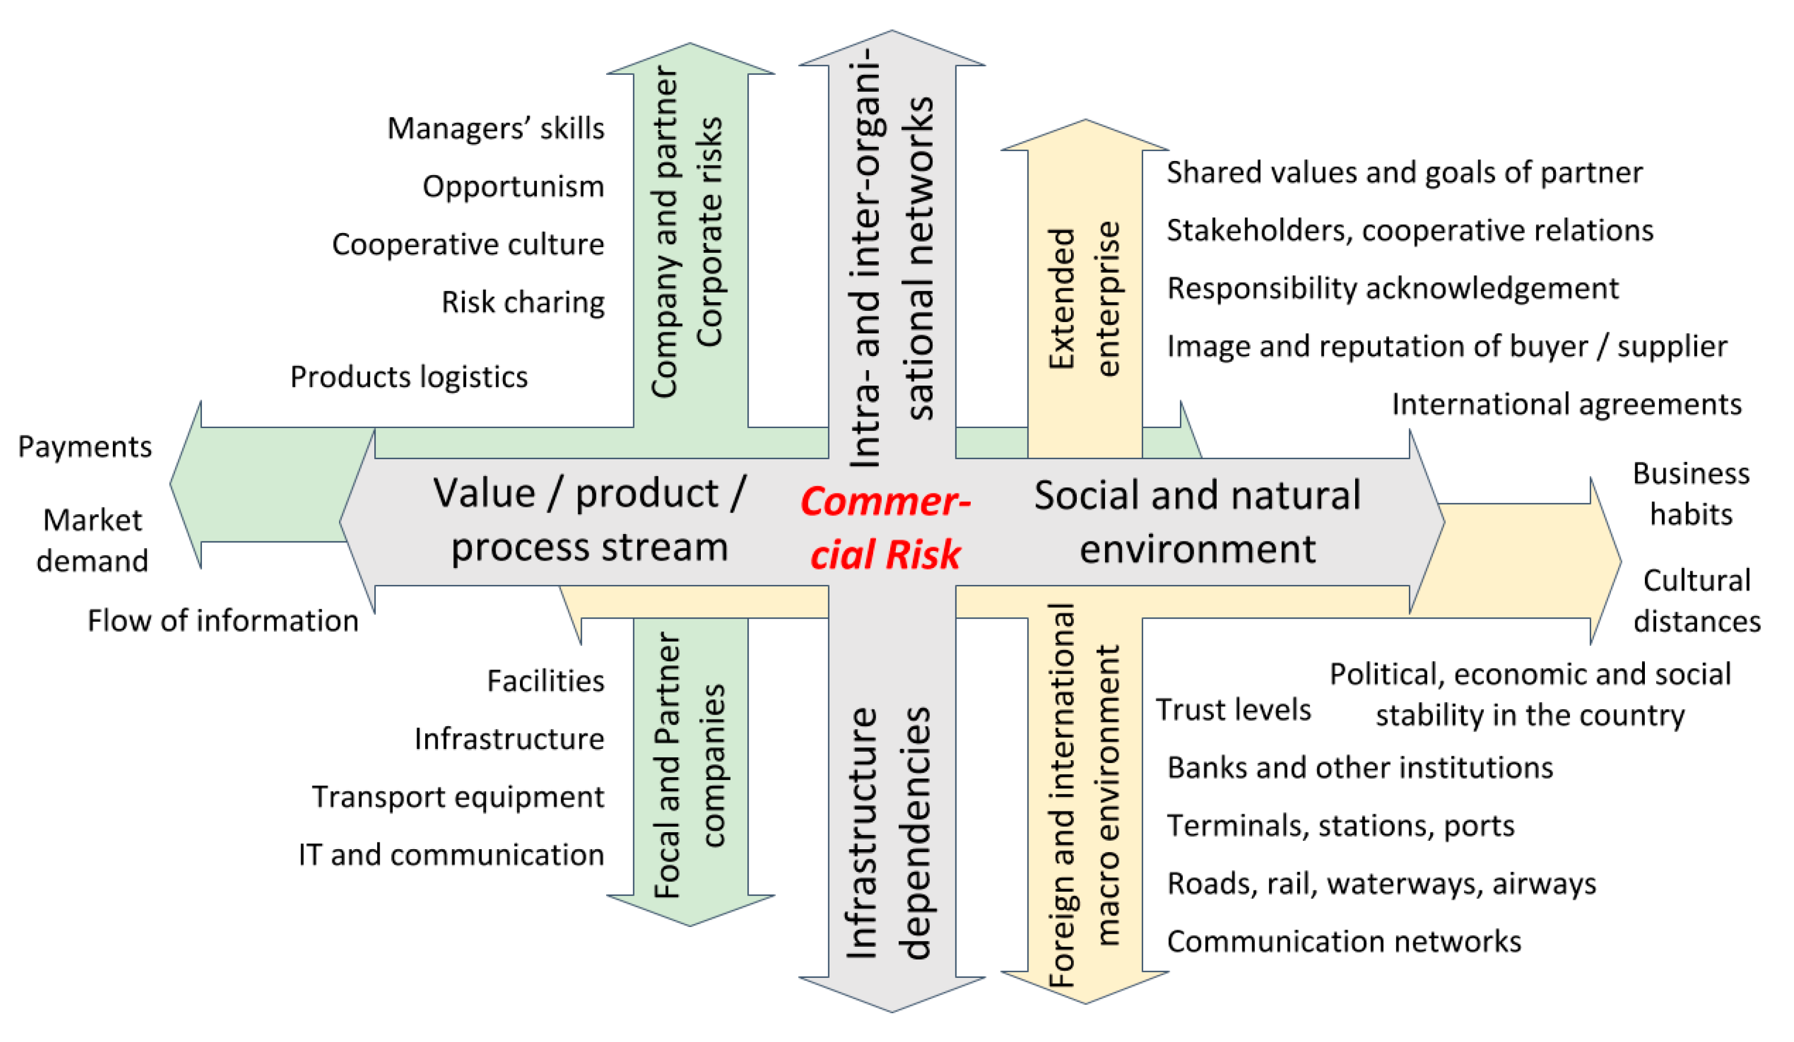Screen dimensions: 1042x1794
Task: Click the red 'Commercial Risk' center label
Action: (x=885, y=528)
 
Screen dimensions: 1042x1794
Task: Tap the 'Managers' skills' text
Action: (x=496, y=129)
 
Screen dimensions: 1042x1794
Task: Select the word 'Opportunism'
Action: (x=513, y=187)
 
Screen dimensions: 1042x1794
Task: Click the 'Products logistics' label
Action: (x=409, y=377)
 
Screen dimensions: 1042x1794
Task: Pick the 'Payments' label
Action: (x=84, y=447)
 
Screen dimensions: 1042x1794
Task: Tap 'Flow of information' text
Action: (x=223, y=621)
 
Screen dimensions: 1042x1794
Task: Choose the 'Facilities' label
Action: (x=545, y=681)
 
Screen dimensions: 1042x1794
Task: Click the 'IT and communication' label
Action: (x=451, y=855)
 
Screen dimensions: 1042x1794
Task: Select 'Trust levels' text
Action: (x=1233, y=710)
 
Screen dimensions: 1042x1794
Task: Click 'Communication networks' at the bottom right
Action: (x=1344, y=942)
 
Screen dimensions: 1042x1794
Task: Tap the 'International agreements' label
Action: (x=1566, y=404)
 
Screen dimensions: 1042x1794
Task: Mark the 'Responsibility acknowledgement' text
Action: (x=1393, y=288)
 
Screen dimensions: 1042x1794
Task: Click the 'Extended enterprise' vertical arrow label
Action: (x=1084, y=299)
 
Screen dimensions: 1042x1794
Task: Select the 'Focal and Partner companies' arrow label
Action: (x=690, y=765)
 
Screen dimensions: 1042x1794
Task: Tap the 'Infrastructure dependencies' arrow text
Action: (x=890, y=833)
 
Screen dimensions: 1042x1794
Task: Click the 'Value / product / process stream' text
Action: (x=590, y=521)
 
